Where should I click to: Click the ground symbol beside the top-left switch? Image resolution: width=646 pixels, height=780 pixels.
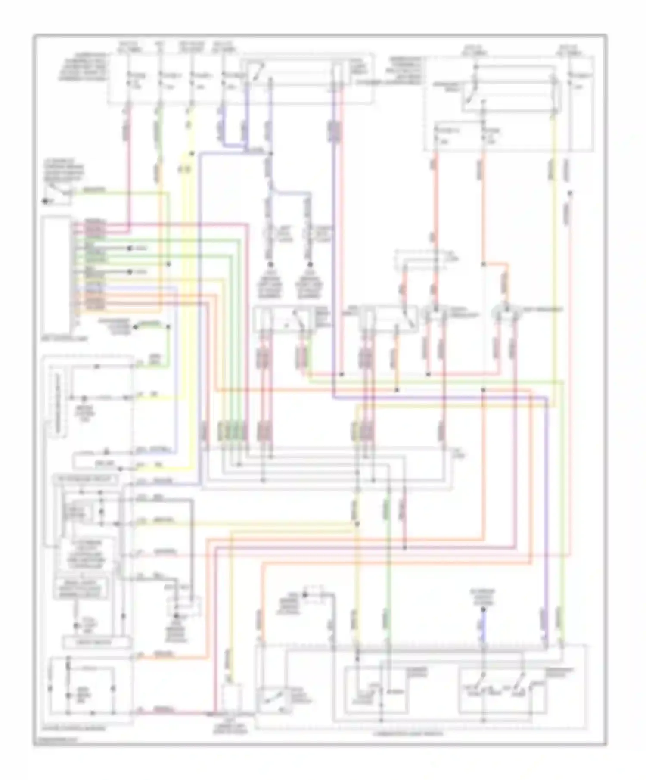click(45, 201)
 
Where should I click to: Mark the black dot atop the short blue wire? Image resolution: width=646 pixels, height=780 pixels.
click(483, 610)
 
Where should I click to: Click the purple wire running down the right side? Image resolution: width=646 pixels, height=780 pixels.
click(547, 517)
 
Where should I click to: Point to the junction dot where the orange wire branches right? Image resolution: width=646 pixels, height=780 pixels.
click(483, 264)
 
